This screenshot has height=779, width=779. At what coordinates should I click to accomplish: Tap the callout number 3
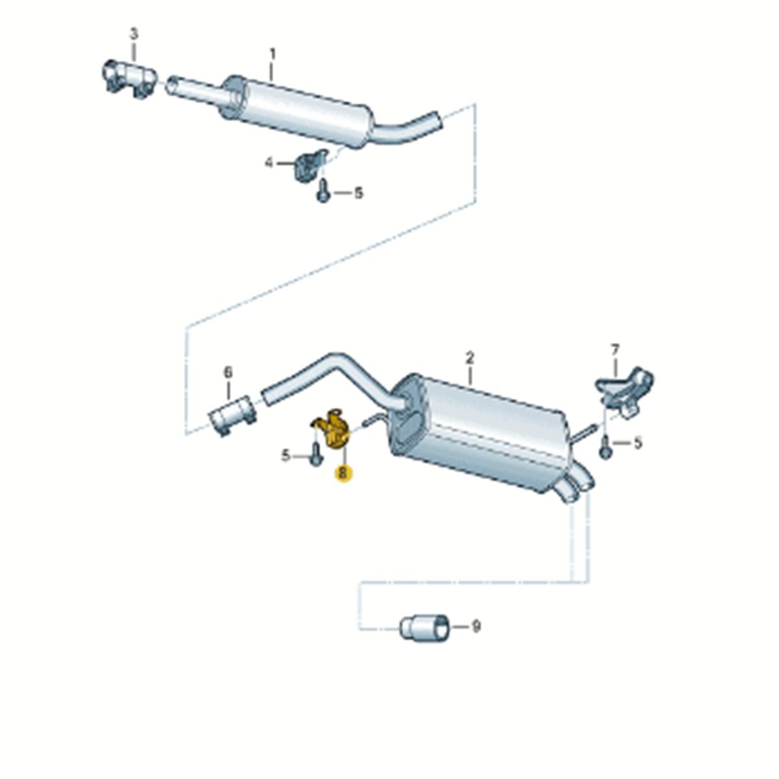(134, 33)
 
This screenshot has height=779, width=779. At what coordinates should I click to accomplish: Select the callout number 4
(269, 164)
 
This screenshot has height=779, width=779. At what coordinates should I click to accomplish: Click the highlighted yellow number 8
(343, 473)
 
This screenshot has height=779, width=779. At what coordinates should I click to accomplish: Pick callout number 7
(615, 349)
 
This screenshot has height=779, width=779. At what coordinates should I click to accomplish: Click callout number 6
(229, 372)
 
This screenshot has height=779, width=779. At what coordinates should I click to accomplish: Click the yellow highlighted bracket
(330, 429)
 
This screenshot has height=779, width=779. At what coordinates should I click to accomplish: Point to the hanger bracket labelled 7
(624, 391)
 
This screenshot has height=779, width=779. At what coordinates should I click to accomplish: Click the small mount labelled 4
(310, 165)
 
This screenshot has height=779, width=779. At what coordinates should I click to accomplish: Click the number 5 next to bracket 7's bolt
(638, 443)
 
